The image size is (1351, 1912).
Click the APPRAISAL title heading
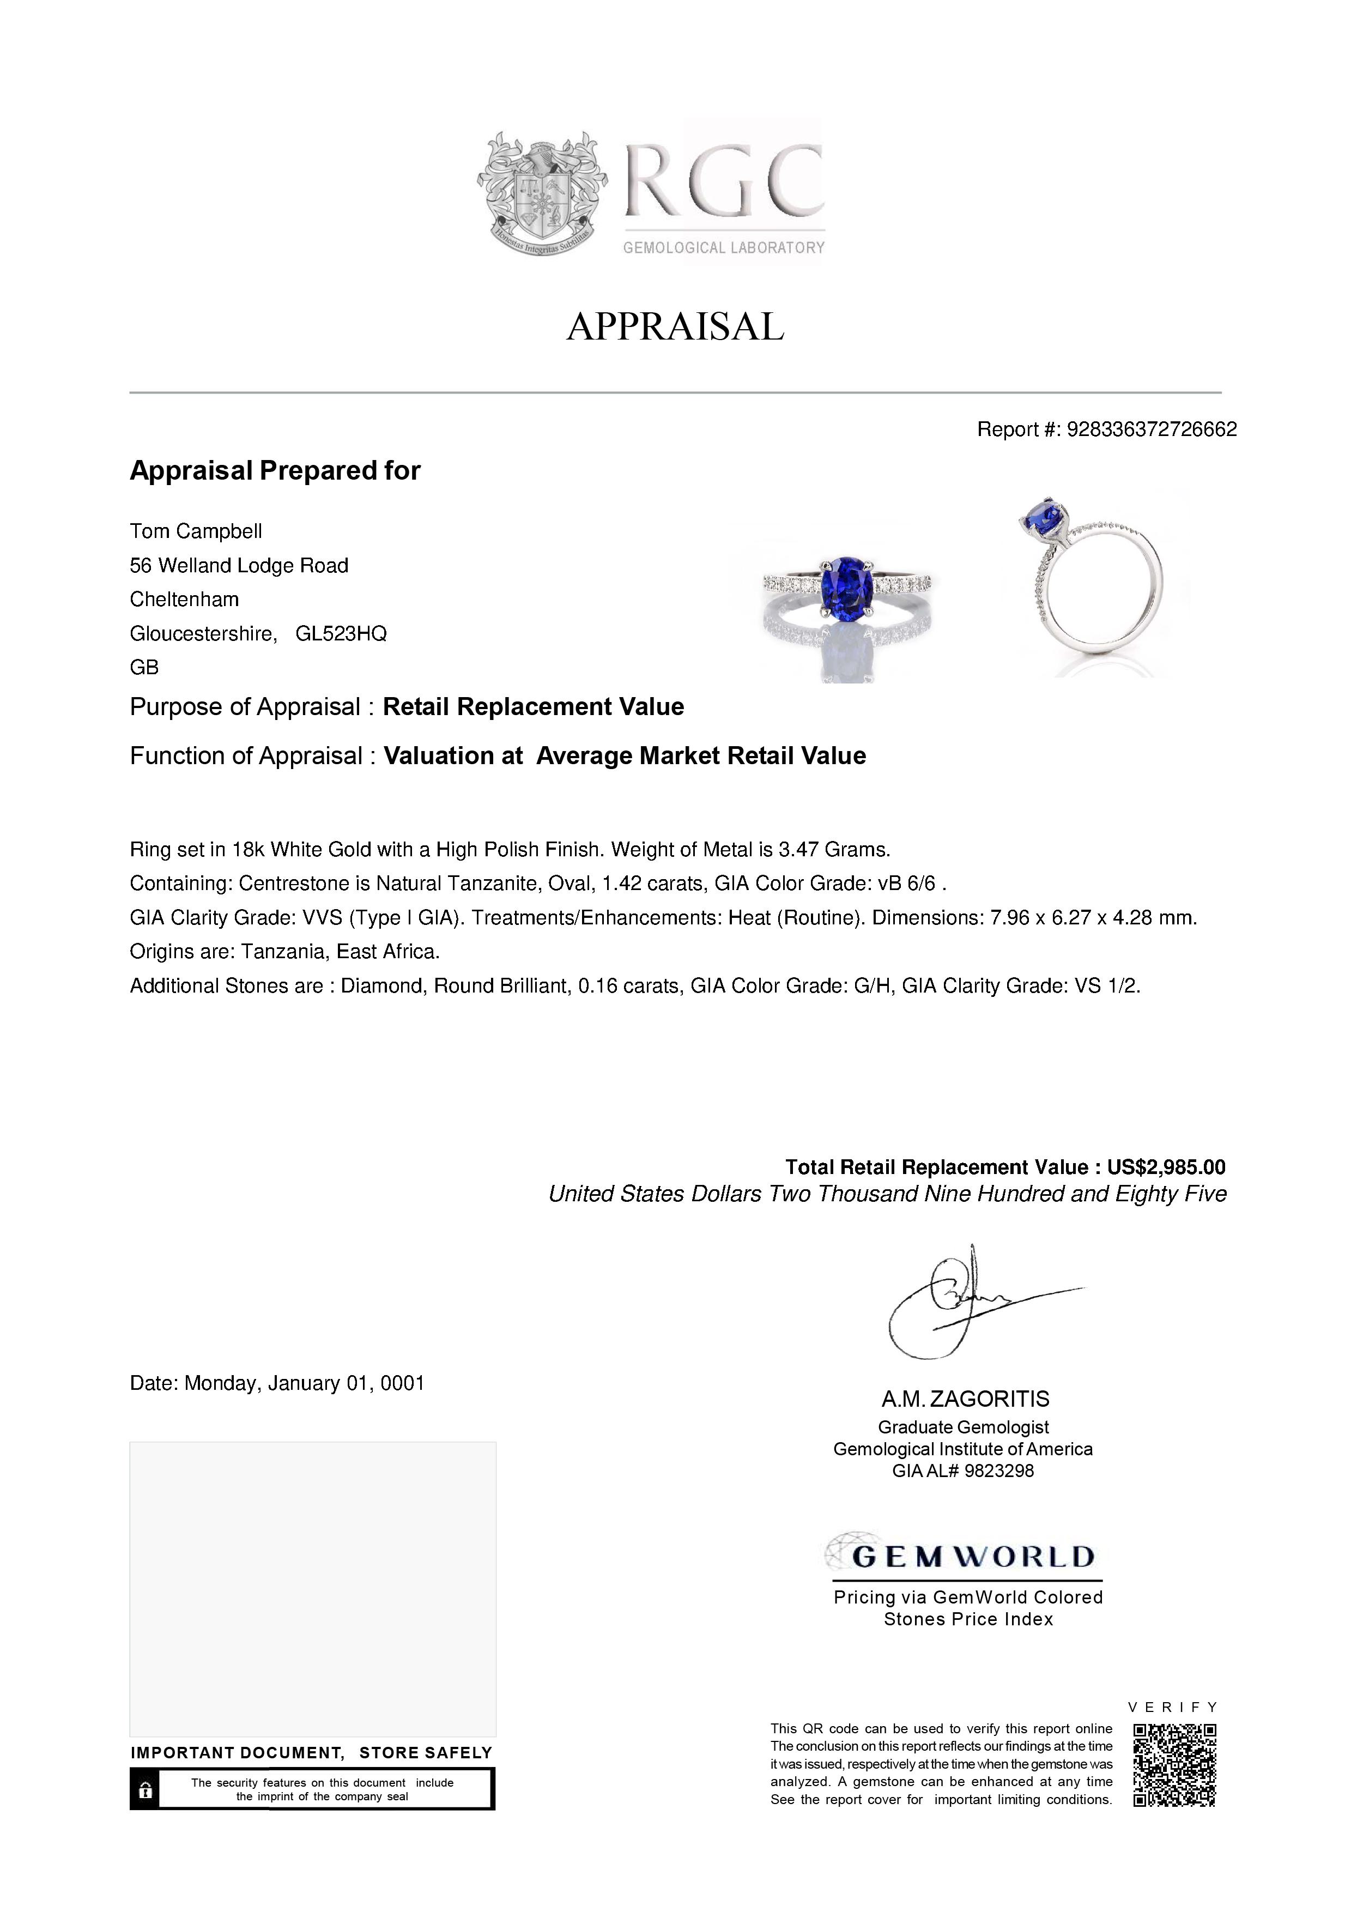click(x=675, y=326)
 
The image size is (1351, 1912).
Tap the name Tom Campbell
click(x=196, y=531)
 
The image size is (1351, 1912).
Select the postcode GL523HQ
click(x=341, y=634)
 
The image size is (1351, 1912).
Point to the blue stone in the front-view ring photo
click(x=846, y=585)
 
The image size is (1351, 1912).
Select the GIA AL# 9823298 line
click(x=963, y=1471)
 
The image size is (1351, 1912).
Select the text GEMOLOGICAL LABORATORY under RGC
click(x=723, y=247)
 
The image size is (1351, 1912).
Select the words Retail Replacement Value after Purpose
click(x=533, y=707)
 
